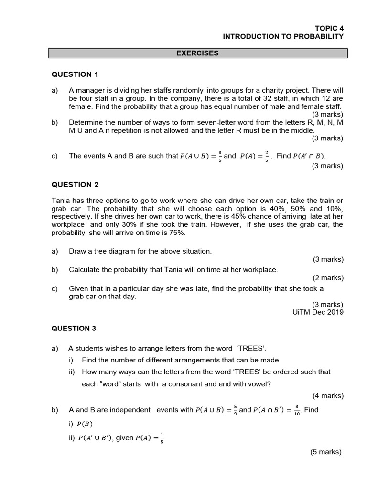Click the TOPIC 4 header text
click(x=329, y=28)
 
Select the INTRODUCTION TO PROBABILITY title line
click(x=283, y=37)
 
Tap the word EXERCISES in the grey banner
click(x=197, y=53)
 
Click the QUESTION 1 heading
click(x=75, y=74)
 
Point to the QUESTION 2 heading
click(x=75, y=184)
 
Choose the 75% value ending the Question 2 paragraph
click(x=177, y=233)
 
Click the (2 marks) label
click(x=328, y=278)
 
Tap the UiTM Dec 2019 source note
click(x=318, y=312)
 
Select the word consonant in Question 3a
click(x=180, y=383)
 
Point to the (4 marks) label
click(x=328, y=395)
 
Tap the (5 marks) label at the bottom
click(x=326, y=452)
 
